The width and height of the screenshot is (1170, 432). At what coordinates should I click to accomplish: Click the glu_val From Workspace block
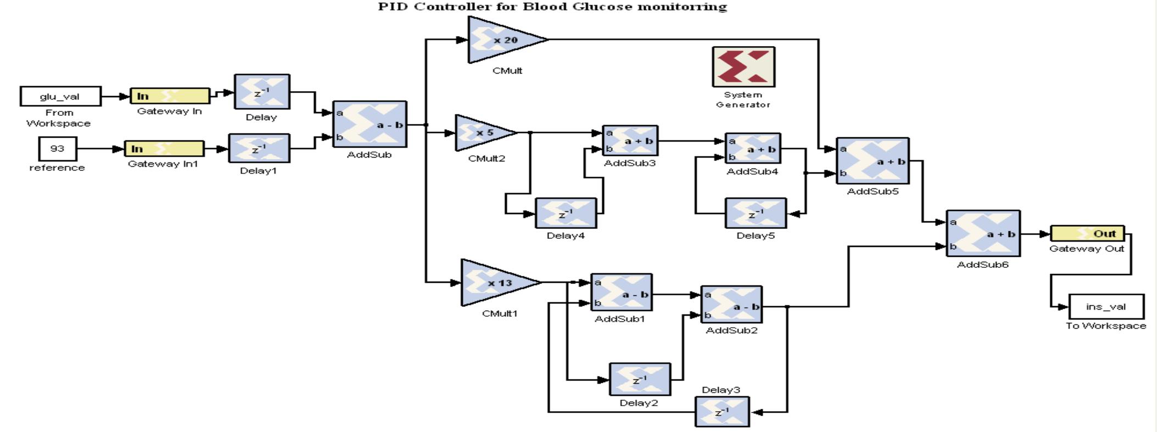click(x=60, y=96)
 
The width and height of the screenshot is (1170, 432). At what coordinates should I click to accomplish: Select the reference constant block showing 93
click(x=58, y=149)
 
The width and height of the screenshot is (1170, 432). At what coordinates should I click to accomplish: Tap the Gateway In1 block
click(x=164, y=149)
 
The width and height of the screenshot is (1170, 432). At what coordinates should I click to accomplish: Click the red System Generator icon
click(x=743, y=67)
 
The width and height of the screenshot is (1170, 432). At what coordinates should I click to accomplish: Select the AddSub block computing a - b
click(x=370, y=124)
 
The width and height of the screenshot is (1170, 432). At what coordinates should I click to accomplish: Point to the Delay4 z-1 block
click(x=566, y=214)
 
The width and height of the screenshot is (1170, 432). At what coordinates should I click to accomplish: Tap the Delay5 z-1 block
click(x=755, y=214)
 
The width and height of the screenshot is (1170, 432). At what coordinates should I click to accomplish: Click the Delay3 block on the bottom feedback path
click(x=722, y=412)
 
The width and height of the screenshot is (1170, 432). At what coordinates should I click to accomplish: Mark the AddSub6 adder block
click(x=983, y=233)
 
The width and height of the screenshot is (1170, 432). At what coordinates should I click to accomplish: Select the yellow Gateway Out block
click(x=1087, y=233)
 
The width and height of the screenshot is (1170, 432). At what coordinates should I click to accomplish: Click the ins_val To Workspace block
click(x=1106, y=306)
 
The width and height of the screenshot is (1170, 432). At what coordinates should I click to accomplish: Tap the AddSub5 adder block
click(x=872, y=161)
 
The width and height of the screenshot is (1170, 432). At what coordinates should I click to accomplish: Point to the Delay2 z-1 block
click(x=640, y=379)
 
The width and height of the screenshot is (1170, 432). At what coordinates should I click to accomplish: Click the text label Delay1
click(x=258, y=171)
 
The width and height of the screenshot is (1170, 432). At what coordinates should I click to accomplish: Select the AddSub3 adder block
click(x=630, y=141)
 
